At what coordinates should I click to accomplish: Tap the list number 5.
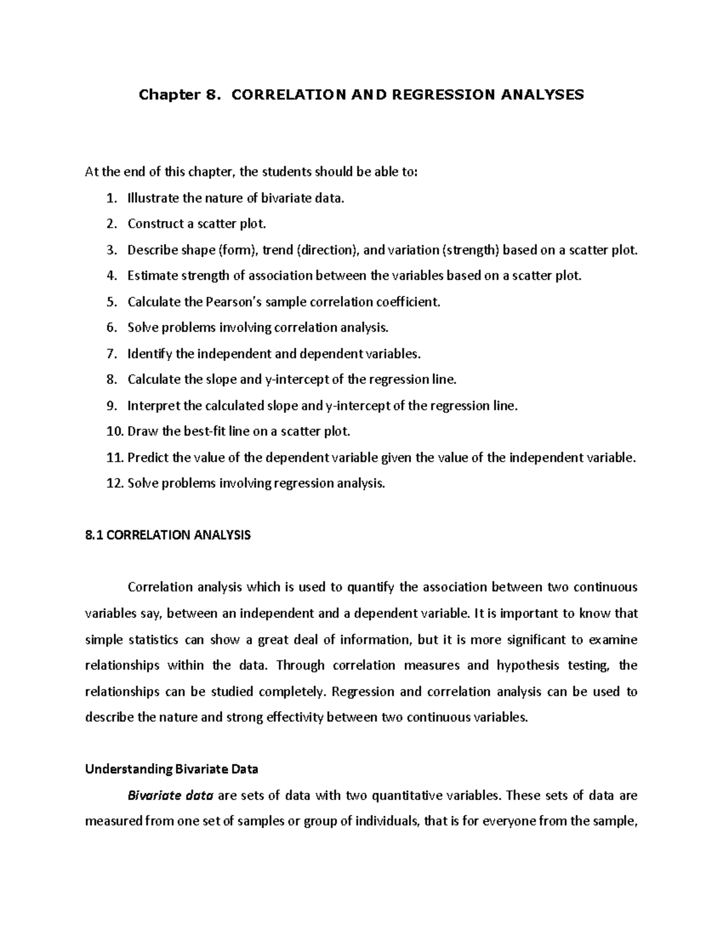click(x=110, y=302)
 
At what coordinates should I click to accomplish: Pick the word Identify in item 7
click(x=149, y=354)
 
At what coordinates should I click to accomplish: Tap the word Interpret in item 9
click(x=154, y=406)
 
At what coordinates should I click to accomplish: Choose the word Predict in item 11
click(x=148, y=457)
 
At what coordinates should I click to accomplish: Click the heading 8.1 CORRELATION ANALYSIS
click(x=167, y=535)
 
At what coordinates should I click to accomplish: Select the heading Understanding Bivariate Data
click(x=172, y=769)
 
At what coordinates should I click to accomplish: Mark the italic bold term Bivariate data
click(x=171, y=796)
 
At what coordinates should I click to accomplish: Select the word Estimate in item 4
click(x=151, y=276)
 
